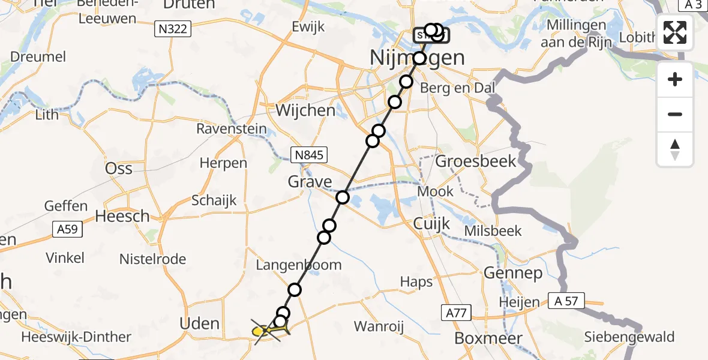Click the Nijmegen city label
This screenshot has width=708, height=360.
coord(418,58)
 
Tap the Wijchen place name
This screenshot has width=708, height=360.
coord(305,110)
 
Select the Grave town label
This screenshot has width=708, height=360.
coord(310,181)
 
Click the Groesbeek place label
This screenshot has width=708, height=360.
coord(475,161)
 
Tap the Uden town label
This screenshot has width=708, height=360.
coord(200,323)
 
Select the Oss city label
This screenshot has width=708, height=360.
coord(118,169)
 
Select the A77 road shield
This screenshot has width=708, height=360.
coord(456,312)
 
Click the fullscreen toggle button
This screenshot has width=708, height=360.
coord(675,32)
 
